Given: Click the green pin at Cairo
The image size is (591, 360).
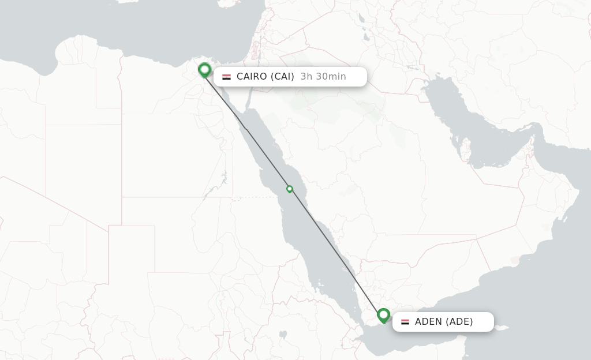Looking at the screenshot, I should (x=204, y=70).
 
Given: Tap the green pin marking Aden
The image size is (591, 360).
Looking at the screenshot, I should (x=383, y=315).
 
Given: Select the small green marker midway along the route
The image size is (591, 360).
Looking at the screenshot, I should (x=290, y=189).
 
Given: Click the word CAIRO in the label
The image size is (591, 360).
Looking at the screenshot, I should (x=252, y=77).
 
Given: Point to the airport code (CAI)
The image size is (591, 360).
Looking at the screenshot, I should (x=282, y=77).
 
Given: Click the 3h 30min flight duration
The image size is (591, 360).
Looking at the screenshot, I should (x=323, y=77).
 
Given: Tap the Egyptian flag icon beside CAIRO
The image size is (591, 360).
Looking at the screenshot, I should (x=226, y=77).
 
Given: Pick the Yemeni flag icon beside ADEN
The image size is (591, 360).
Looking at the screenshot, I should (x=405, y=322).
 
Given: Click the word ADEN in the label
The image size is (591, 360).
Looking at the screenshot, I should (x=428, y=322).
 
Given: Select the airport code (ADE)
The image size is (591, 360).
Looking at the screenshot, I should (x=459, y=322).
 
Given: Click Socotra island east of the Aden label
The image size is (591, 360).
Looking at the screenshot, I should (x=501, y=329).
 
